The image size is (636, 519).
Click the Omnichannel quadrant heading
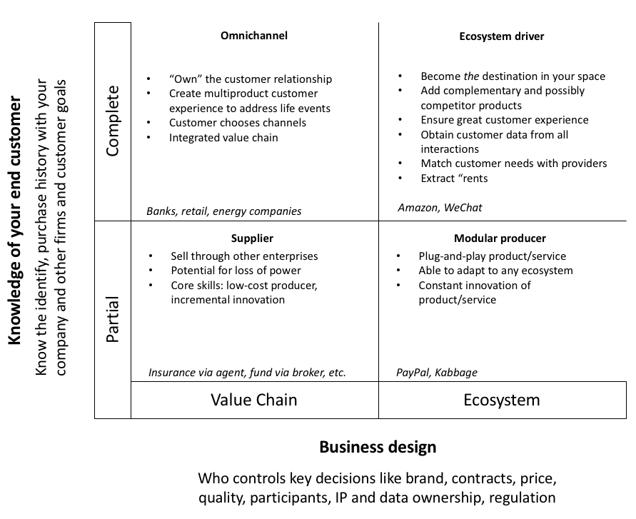(254, 36)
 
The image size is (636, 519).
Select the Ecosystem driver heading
(502, 37)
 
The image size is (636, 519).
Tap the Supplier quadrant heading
(252, 238)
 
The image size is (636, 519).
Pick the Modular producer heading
(500, 238)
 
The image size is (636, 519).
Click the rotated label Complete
(113, 121)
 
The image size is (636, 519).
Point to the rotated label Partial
(113, 319)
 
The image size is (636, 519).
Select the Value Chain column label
(254, 400)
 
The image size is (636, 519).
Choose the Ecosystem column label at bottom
(502, 400)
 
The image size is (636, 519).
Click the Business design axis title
(378, 448)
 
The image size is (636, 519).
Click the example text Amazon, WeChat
(440, 208)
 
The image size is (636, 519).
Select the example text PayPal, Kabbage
(437, 373)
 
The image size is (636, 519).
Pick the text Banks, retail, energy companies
(224, 211)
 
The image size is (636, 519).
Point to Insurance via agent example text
(247, 373)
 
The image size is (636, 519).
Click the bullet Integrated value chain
(223, 138)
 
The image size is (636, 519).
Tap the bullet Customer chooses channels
(238, 123)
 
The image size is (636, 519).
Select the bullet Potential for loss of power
(236, 271)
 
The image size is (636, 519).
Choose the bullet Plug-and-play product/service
(492, 256)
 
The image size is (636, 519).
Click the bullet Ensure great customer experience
(504, 120)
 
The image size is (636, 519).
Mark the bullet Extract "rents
(454, 178)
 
